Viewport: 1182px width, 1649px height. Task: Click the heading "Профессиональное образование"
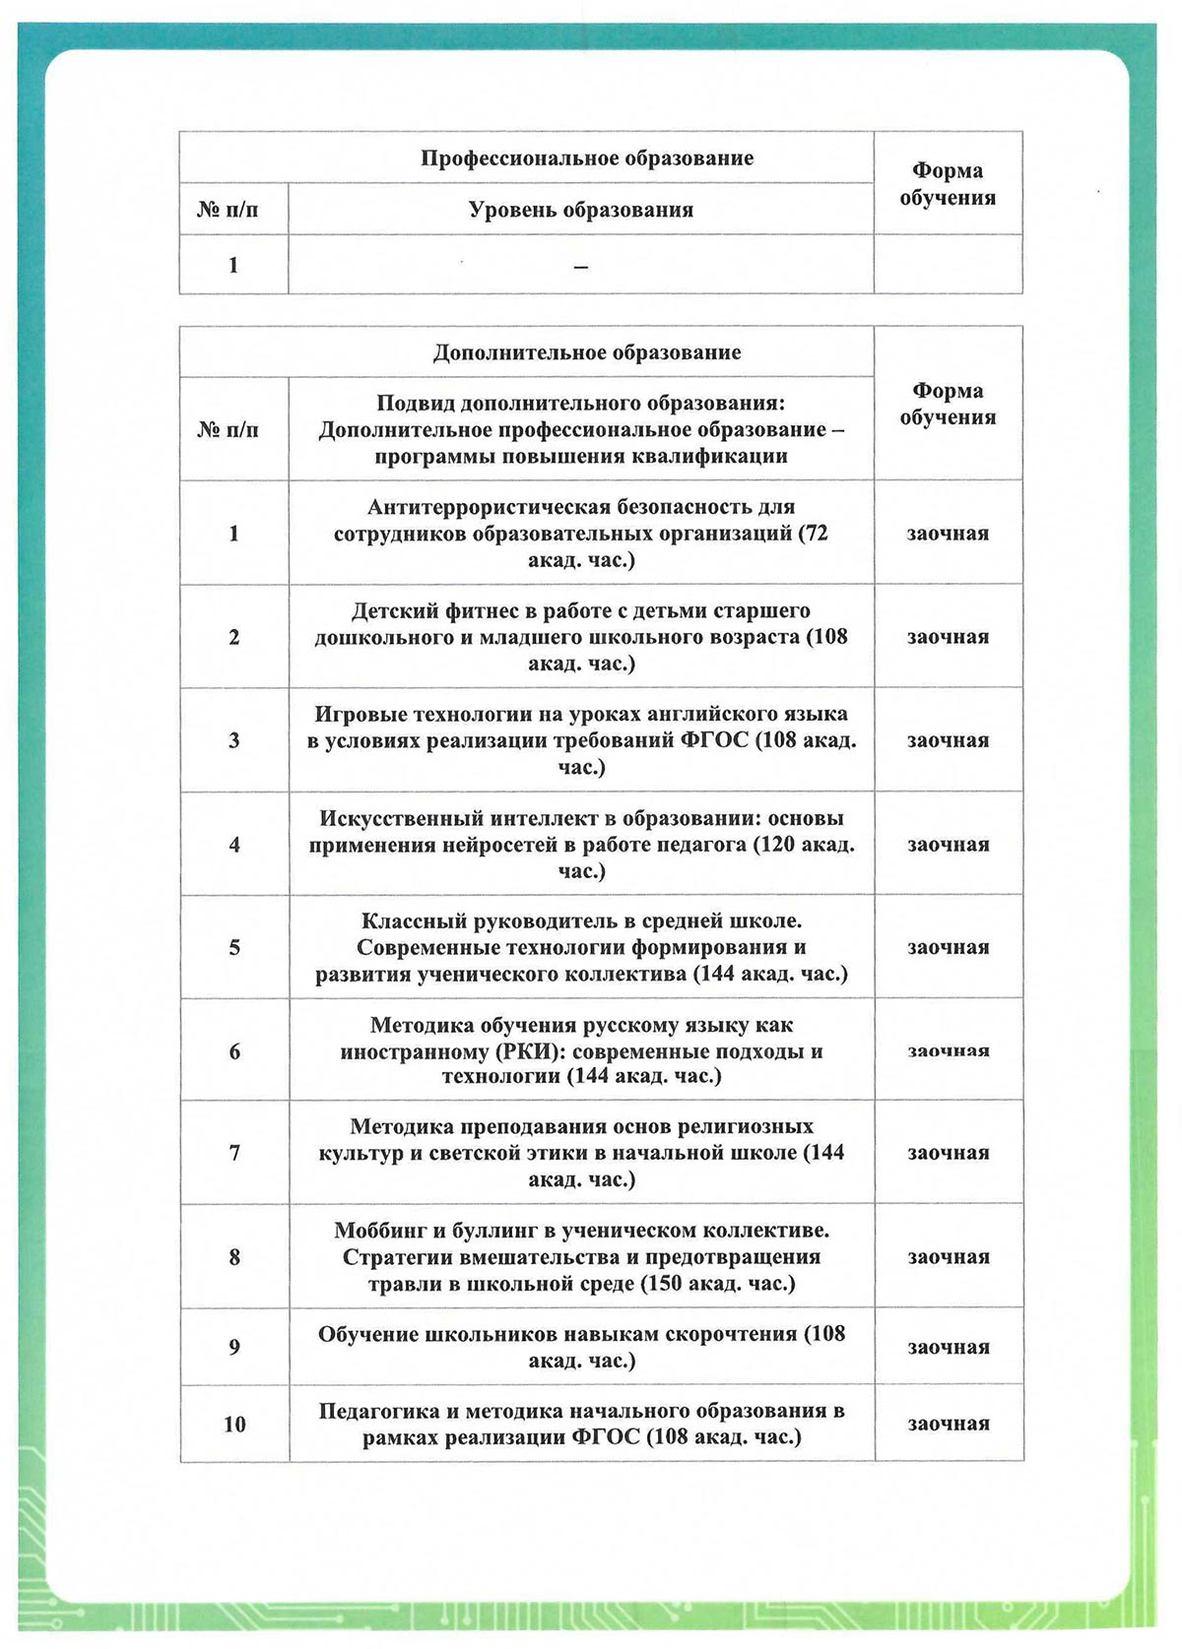pyautogui.click(x=587, y=159)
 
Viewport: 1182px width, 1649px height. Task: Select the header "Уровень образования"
pyautogui.click(x=580, y=210)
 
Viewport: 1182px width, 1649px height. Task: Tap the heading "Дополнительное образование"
pyautogui.click(x=587, y=352)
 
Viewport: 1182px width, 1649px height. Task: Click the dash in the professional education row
pyautogui.click(x=581, y=266)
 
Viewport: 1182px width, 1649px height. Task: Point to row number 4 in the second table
pyautogui.click(x=234, y=845)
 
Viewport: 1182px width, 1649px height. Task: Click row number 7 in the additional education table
pyautogui.click(x=234, y=1153)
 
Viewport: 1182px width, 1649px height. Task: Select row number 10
pyautogui.click(x=234, y=1425)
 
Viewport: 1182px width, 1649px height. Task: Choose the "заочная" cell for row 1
pyautogui.click(x=948, y=534)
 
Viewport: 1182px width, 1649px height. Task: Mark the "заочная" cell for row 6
pyautogui.click(x=948, y=1051)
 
